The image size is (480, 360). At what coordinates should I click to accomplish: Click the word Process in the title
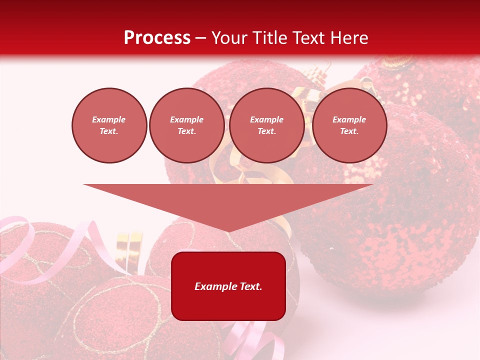pyautogui.click(x=157, y=38)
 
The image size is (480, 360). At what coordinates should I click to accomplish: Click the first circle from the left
pyautogui.click(x=109, y=125)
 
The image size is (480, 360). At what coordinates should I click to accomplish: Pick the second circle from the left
pyautogui.click(x=187, y=125)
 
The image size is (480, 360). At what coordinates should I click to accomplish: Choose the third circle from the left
pyautogui.click(x=267, y=125)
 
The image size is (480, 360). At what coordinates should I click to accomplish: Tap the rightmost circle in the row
pyautogui.click(x=349, y=125)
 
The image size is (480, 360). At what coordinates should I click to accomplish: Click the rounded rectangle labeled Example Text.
pyautogui.click(x=228, y=286)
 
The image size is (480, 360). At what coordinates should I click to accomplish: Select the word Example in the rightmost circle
pyautogui.click(x=349, y=119)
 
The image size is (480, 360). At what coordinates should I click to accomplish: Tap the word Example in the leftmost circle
pyautogui.click(x=109, y=119)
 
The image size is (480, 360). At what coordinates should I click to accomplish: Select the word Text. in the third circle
pyautogui.click(x=267, y=131)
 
